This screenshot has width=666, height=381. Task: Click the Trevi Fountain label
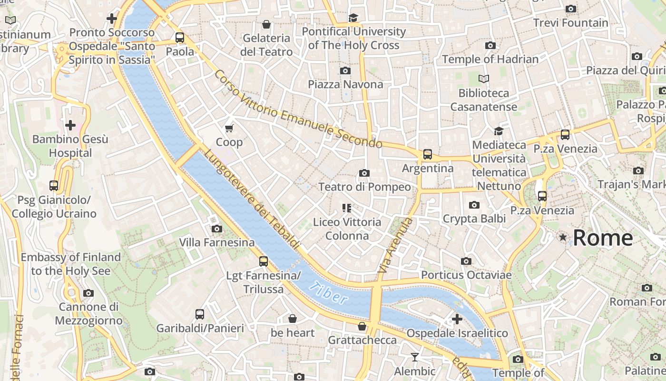click(x=570, y=23)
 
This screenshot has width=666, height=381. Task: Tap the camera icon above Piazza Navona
click(x=345, y=70)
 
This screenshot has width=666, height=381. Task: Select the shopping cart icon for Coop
click(x=229, y=128)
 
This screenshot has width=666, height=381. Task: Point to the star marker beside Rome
click(x=564, y=237)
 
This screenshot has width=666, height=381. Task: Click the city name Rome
click(x=603, y=238)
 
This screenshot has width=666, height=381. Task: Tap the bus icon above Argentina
click(x=428, y=154)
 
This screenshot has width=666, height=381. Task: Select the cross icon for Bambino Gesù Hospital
click(x=70, y=125)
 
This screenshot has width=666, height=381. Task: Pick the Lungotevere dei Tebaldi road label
click(x=252, y=200)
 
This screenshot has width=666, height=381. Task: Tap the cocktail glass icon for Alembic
click(x=415, y=357)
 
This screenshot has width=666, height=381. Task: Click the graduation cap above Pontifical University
click(x=353, y=18)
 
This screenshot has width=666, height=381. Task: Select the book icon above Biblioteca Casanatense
click(x=484, y=79)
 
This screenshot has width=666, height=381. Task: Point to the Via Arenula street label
click(x=395, y=245)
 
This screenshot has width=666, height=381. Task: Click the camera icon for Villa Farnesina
click(x=217, y=229)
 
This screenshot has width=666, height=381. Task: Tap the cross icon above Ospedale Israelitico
click(x=457, y=319)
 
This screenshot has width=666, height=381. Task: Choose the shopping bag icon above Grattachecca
click(x=362, y=326)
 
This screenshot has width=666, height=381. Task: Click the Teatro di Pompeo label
click(x=364, y=187)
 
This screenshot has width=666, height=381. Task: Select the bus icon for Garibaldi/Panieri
click(x=200, y=314)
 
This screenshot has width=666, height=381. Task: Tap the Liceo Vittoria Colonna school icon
click(x=346, y=208)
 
